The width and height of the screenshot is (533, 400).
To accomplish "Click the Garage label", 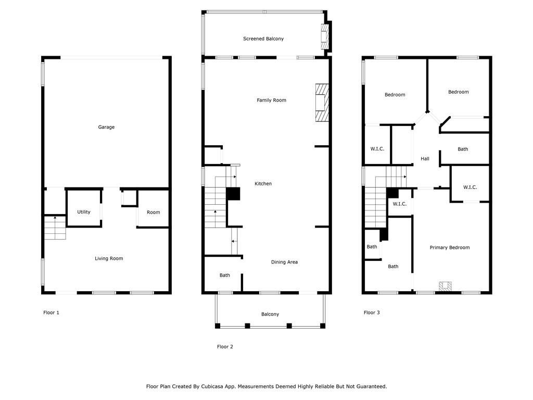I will (x=106, y=127).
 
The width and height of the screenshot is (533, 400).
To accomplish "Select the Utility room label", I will (x=84, y=212).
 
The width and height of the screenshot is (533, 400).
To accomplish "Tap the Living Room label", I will (x=109, y=258).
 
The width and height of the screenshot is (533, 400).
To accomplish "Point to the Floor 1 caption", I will (x=51, y=312).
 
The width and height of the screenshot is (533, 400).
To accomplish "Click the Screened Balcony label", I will (x=263, y=39).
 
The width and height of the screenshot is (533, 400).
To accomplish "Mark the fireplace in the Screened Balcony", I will (x=325, y=37).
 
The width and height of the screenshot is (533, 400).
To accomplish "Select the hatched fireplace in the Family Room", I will (x=322, y=103).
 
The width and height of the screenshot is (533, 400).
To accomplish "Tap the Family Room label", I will (x=271, y=100).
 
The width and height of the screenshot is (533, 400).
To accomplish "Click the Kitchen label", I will (x=263, y=183).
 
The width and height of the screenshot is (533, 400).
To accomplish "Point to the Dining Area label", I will (x=284, y=262).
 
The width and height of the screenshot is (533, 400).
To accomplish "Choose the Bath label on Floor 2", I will (x=224, y=275).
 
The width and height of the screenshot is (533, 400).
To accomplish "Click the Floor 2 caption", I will (x=225, y=346).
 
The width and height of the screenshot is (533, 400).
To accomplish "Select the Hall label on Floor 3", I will (x=425, y=158).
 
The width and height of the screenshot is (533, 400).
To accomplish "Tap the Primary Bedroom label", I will (x=449, y=247).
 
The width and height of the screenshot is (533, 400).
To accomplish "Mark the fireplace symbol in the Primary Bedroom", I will (x=445, y=286).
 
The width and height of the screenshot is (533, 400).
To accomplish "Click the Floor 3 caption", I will (x=372, y=312).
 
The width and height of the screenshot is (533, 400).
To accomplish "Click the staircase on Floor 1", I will (x=55, y=228).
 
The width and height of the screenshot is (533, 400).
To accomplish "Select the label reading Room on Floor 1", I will (x=153, y=212).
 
